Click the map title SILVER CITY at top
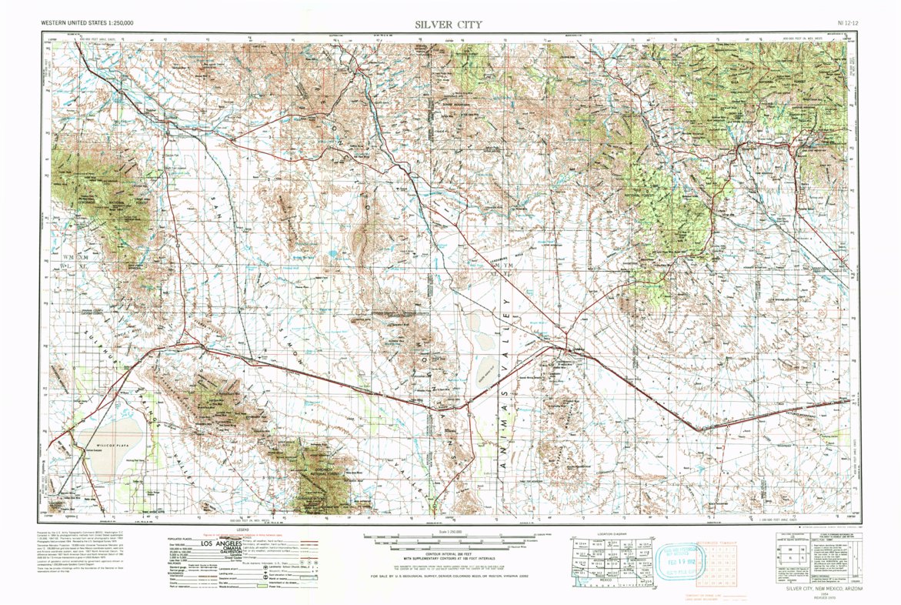[449, 24]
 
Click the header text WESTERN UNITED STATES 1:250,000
[87, 24]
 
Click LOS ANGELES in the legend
[219, 544]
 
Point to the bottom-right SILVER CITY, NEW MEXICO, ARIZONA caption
[825, 588]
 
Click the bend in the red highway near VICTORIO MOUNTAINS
[699, 428]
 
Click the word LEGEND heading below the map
[242, 530]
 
